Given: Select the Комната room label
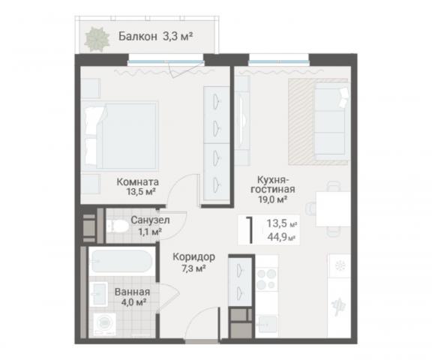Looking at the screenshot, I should pos(136,181).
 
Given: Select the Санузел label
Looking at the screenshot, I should pos(150,220).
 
